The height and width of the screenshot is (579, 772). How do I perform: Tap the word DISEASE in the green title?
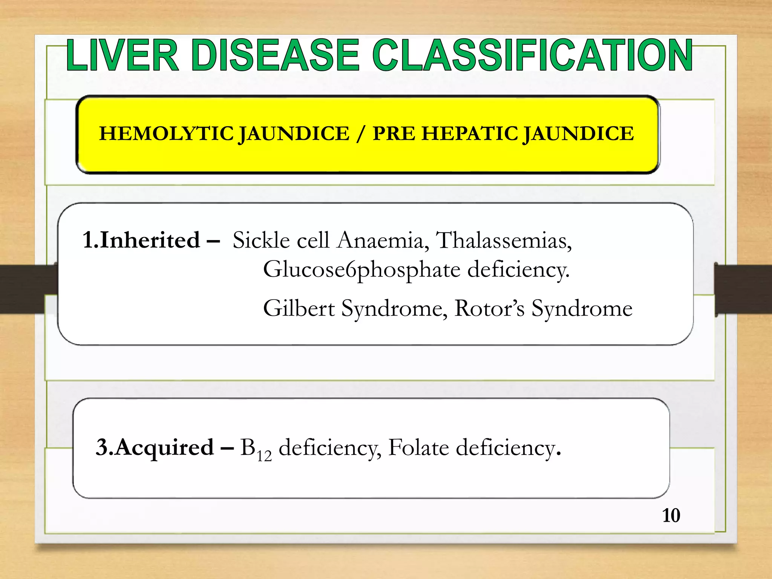pos(276,55)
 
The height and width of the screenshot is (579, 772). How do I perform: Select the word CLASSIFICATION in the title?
pos(532,55)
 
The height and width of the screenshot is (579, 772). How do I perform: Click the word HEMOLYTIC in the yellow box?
pos(166,134)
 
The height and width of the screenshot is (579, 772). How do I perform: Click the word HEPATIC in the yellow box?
pos(470,134)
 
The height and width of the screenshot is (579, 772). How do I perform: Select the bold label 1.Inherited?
pos(141,240)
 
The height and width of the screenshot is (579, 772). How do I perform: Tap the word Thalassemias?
pos(504,240)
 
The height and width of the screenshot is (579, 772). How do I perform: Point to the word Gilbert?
pos(299,308)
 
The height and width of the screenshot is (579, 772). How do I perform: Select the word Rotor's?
pos(489,308)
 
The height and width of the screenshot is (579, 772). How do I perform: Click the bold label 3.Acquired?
pos(155,447)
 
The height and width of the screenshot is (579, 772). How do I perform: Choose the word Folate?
pos(418,447)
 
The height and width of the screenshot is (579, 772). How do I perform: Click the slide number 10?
pos(671,516)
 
